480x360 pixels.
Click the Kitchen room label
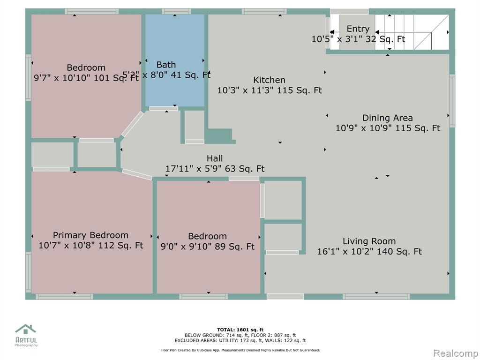tap(269, 80)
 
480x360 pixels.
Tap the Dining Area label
tap(387, 118)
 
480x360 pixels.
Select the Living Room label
tap(369, 241)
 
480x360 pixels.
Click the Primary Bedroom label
tap(90, 235)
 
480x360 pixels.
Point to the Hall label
tap(215, 158)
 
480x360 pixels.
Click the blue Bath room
tap(175, 60)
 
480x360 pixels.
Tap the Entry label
tap(358, 29)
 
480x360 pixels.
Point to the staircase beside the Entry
tap(412, 32)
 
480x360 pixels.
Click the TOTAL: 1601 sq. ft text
tap(240, 330)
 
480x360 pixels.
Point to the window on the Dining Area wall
tap(452, 100)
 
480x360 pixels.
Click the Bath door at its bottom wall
tap(164, 108)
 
